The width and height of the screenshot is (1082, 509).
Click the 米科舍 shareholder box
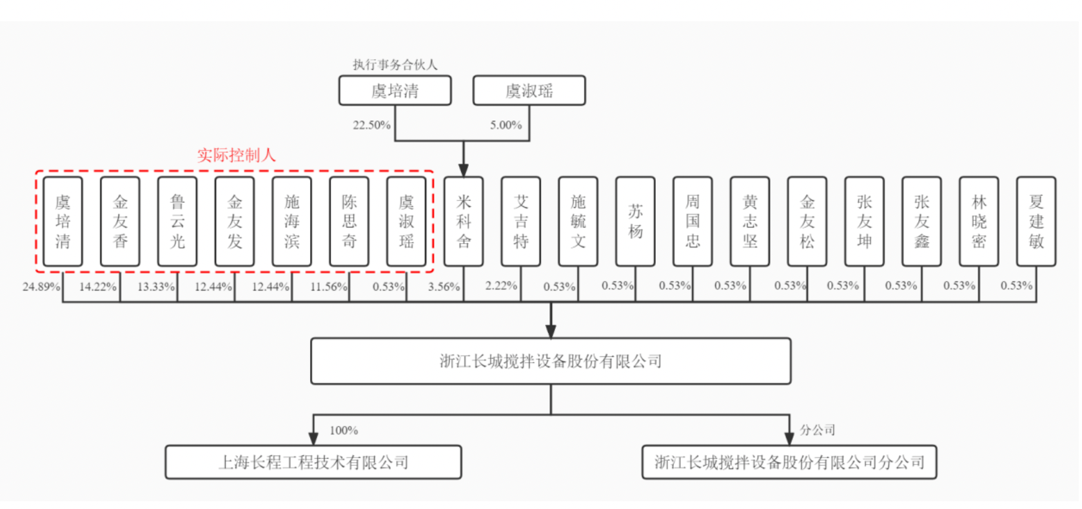(464, 222)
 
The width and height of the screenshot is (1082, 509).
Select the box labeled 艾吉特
(521, 222)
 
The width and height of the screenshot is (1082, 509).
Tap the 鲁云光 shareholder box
(177, 222)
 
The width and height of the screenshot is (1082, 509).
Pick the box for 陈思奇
(349, 222)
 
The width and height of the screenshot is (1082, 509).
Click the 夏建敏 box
(1036, 222)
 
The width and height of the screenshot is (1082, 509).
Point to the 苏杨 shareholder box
(635, 222)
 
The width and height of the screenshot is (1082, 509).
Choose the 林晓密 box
(979, 222)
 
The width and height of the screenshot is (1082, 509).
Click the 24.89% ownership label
(41, 287)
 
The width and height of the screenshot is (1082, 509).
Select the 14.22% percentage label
(98, 287)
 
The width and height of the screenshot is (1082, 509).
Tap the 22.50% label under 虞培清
(371, 125)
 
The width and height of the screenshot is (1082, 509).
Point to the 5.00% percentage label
(506, 125)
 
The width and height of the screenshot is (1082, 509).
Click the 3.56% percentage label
(444, 287)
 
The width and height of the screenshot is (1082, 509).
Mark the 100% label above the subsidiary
(344, 430)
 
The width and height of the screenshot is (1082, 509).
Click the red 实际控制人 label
(236, 155)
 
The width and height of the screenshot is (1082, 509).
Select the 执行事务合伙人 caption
(395, 64)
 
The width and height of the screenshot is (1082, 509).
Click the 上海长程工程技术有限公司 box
(313, 462)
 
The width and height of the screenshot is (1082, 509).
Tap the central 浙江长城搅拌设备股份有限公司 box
(551, 361)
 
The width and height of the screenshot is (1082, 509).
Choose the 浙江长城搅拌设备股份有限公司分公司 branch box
(789, 462)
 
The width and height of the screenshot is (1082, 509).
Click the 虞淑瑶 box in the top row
(529, 91)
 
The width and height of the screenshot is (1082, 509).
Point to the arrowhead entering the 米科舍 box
(464, 170)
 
